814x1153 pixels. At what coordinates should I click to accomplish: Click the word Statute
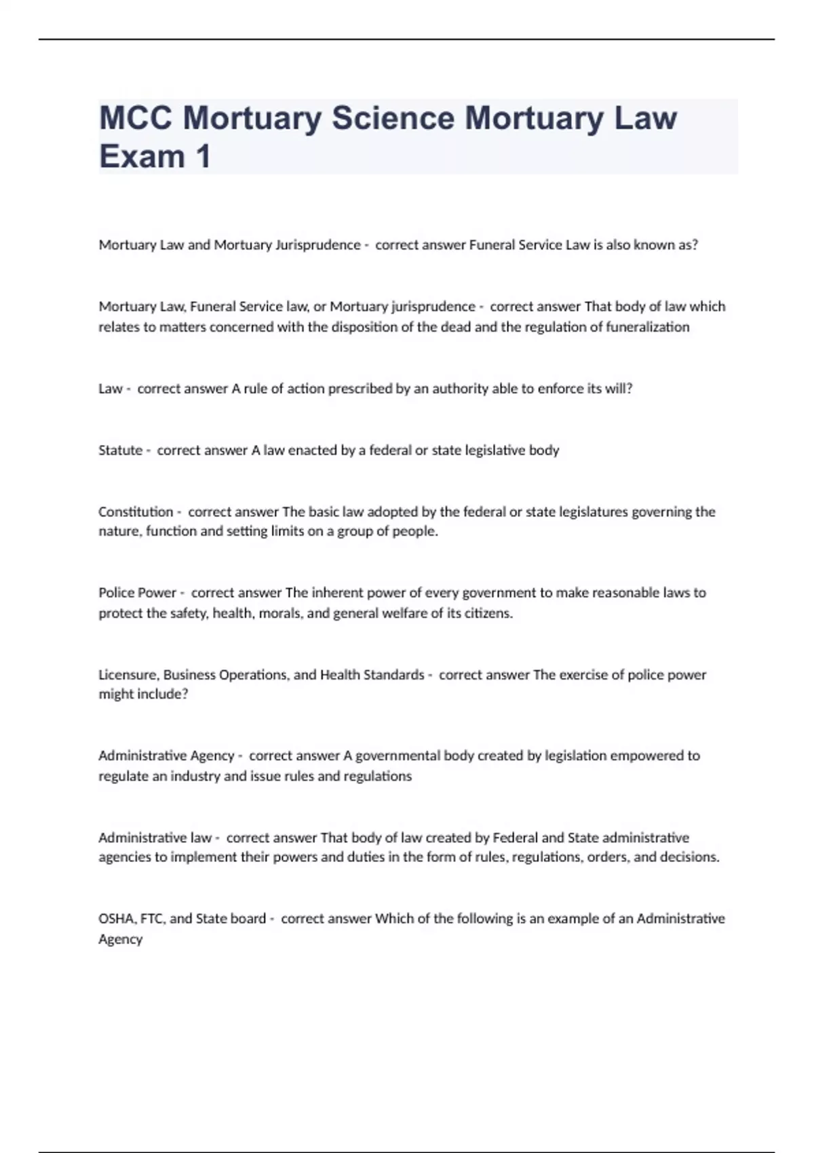[120, 450]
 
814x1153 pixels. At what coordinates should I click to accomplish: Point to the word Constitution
[136, 511]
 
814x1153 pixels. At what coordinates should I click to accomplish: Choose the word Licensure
[128, 675]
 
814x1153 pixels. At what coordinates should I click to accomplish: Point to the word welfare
[402, 613]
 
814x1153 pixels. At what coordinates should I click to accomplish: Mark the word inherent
[336, 593]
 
